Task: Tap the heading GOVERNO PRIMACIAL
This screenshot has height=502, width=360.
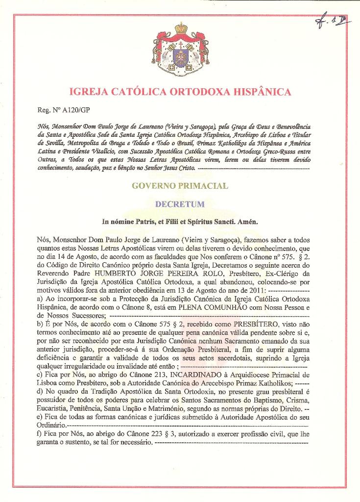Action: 180,186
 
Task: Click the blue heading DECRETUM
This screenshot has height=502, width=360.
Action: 180,203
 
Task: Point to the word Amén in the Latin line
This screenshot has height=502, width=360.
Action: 248,222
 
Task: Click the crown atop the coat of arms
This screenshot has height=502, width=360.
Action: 181,27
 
